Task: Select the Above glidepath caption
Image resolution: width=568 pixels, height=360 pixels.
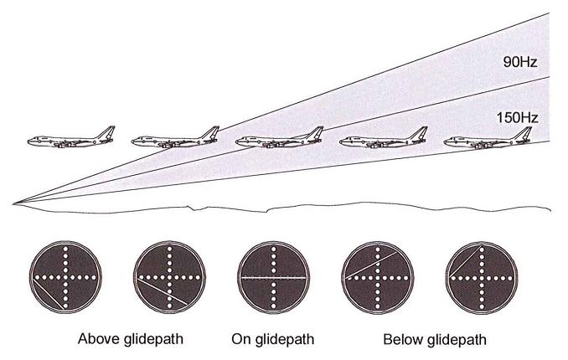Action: tap(131, 340)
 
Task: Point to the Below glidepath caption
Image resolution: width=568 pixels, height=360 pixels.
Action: tap(434, 340)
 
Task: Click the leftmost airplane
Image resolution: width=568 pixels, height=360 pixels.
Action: tap(70, 139)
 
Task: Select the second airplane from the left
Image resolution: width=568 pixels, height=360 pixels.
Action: tap(175, 139)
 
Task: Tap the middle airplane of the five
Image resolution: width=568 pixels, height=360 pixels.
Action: tap(279, 140)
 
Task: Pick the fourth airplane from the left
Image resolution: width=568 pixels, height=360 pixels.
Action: tap(383, 139)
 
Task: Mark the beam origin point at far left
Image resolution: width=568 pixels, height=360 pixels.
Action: tap(14, 203)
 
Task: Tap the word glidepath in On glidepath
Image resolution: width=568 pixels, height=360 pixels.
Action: tap(287, 340)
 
